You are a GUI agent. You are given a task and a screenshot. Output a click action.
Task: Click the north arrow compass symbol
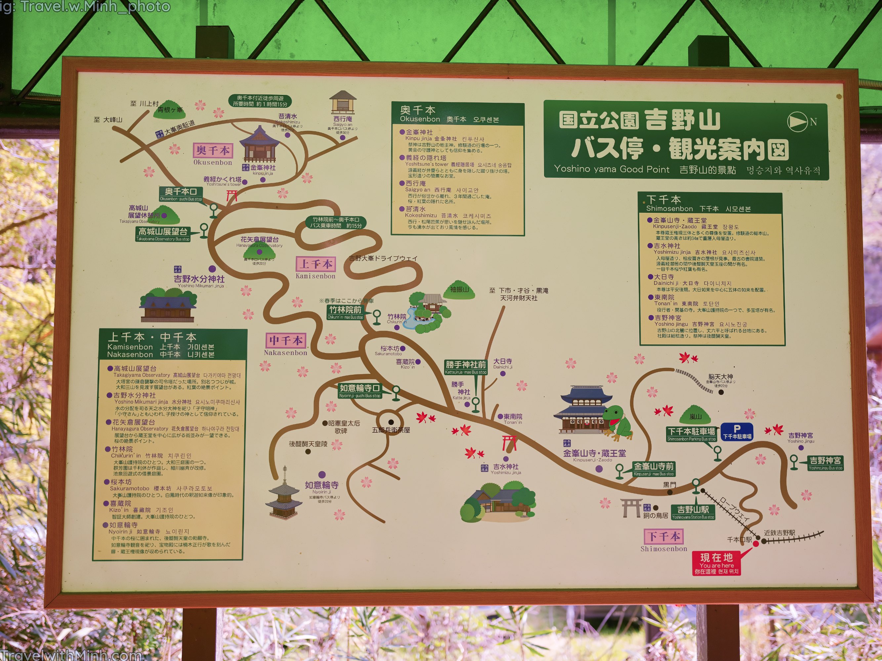coord(797,122)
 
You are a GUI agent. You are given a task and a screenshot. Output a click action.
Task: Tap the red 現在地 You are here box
coord(717,563)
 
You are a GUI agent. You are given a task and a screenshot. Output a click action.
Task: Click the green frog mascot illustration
coord(616,423)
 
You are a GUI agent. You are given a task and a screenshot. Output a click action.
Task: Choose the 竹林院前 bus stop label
coord(345,312)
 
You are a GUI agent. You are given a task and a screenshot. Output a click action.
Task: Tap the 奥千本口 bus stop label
coord(181,194)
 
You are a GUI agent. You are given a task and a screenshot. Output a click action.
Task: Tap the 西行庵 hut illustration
coord(343,102)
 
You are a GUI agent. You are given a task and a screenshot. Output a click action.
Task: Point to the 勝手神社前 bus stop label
coord(466,367)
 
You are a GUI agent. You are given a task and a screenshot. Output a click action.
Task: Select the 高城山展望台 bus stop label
coord(163,233)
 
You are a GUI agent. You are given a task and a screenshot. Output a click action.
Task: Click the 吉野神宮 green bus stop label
coord(825,463)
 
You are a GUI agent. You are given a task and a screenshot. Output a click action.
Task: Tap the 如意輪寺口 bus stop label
coord(360,390)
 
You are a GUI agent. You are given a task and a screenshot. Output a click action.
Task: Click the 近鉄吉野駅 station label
coord(779,533)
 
